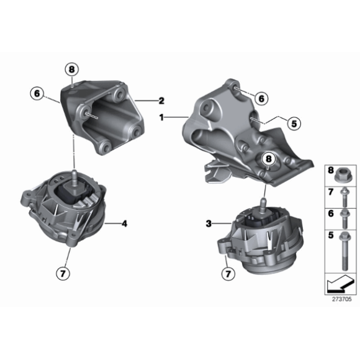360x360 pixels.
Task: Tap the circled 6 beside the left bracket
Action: click(38, 94)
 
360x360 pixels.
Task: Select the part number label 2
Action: click(161, 100)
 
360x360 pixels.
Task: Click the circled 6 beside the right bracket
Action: click(261, 98)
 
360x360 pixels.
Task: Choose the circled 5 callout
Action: click(294, 123)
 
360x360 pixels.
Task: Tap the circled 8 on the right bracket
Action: click(268, 160)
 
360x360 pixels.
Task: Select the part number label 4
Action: click(124, 223)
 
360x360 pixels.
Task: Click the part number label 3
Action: click(209, 222)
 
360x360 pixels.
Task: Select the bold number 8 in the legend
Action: click(330, 169)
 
